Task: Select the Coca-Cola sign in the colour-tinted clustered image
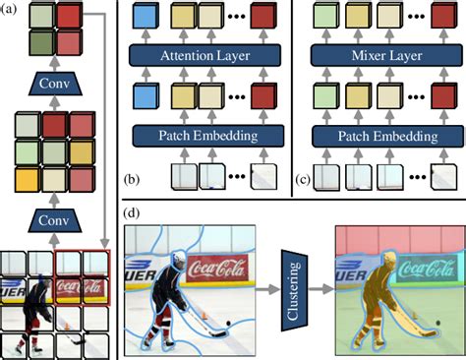click(422, 267)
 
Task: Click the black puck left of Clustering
click(231, 322)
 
